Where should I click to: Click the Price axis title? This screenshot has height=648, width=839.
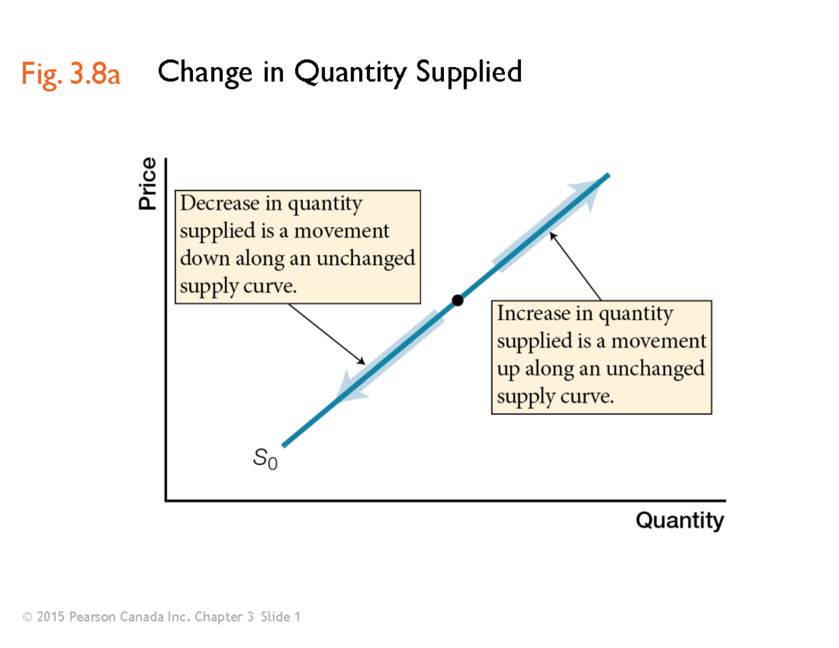point(147,184)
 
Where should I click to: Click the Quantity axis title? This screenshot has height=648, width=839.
point(680,521)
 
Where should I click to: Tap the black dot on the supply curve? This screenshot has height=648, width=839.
point(457,301)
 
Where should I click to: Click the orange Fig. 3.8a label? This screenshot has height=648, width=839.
point(71,73)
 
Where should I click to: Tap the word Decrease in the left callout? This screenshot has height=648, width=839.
point(221,204)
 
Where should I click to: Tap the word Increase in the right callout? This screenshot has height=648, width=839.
point(535,314)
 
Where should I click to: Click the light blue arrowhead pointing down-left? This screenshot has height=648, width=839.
point(346,388)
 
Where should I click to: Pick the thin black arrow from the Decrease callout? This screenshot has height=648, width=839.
point(327,333)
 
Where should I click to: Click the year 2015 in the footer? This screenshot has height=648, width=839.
point(50,617)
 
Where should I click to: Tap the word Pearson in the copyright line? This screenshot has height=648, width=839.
point(92,617)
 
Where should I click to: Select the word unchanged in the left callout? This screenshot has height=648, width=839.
point(366,259)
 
